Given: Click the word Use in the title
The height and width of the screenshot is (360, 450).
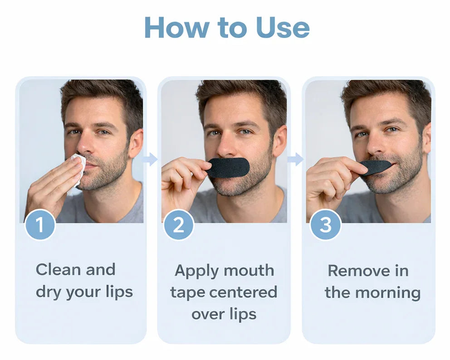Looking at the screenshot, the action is tap(283, 28).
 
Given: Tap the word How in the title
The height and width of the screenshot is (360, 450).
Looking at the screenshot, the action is tap(177, 28).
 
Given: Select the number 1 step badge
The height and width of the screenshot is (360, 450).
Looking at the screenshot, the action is tap(40, 224).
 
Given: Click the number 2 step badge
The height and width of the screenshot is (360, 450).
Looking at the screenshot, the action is tap(179, 224).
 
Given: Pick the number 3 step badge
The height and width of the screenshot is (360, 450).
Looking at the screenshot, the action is tap(325, 224).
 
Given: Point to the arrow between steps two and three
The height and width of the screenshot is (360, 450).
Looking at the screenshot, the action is tap(296, 159).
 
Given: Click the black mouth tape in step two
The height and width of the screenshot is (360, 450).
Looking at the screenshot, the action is tap(228, 168).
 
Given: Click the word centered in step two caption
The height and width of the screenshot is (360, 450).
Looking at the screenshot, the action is tap(243, 292).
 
